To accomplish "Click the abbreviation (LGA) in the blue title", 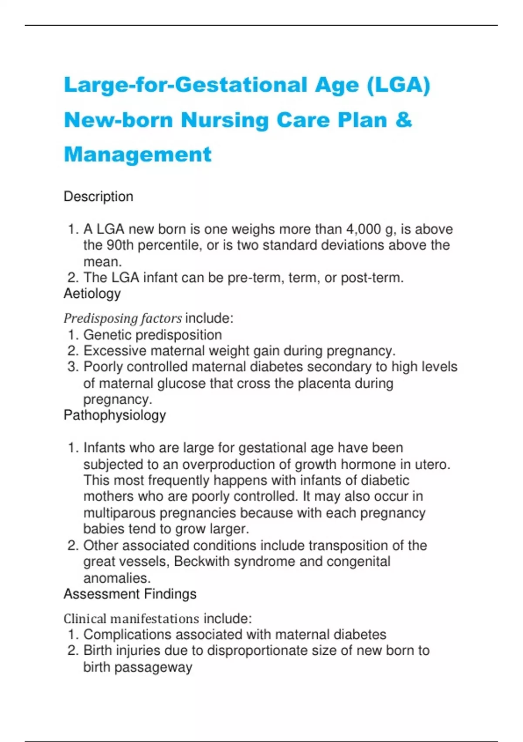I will (x=398, y=85).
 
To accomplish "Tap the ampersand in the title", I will (x=404, y=120).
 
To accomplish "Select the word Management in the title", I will (x=138, y=155).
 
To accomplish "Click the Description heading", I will (x=98, y=196).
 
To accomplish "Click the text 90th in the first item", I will (x=120, y=245).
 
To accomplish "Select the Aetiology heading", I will (x=92, y=293).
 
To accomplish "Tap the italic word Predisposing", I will (x=94, y=319).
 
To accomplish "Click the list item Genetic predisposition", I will (x=153, y=335).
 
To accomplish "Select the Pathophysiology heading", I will (x=115, y=415).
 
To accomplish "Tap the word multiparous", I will (x=119, y=513).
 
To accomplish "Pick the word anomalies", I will (x=116, y=578).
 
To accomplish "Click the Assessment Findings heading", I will (x=130, y=594).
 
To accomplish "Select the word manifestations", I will (x=155, y=619).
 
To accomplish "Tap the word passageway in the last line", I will (x=153, y=667).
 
